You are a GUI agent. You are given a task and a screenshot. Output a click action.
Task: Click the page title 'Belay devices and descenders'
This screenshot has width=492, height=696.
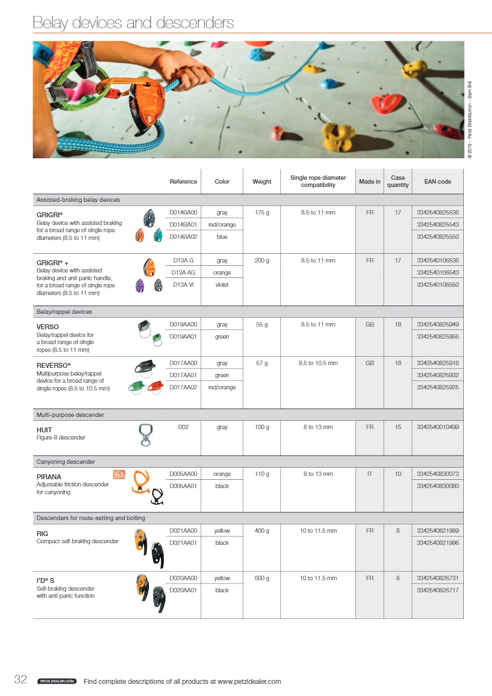(x=133, y=23)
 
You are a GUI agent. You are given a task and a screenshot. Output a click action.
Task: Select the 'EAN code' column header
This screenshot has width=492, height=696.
(x=437, y=181)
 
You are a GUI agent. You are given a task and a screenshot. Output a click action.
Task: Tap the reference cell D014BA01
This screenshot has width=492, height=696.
(x=183, y=224)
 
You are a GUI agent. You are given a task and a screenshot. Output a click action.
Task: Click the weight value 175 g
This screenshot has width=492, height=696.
(x=261, y=212)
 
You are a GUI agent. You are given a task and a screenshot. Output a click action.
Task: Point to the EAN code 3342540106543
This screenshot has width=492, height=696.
(x=437, y=272)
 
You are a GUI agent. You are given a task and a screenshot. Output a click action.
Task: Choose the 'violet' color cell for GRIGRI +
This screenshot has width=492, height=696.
(x=222, y=285)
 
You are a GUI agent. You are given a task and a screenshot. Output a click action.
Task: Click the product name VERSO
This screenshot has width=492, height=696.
(x=47, y=327)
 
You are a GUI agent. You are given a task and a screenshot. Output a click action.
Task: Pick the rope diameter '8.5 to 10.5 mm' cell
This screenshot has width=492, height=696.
(x=318, y=363)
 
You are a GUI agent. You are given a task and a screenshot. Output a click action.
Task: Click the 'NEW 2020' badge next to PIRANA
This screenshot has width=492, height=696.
(x=119, y=474)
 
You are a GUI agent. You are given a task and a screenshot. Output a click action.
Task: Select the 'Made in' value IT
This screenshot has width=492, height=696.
(x=370, y=474)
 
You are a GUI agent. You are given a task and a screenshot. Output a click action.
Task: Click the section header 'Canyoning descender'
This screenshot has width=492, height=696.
(x=66, y=462)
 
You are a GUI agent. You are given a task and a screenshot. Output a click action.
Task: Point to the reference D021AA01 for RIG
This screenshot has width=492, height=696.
(x=183, y=543)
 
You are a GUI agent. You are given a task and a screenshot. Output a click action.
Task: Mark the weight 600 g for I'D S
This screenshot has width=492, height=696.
(x=261, y=578)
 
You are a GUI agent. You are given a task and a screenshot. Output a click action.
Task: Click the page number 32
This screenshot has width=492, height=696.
(x=20, y=680)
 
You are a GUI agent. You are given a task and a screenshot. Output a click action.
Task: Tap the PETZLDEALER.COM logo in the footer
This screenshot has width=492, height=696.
(x=56, y=682)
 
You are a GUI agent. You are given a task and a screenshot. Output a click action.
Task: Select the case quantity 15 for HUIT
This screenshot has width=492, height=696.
(x=398, y=427)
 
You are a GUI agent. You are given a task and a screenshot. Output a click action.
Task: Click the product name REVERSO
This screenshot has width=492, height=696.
(x=52, y=365)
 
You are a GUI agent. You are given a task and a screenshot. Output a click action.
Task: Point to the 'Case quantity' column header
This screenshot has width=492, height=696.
(x=398, y=181)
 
